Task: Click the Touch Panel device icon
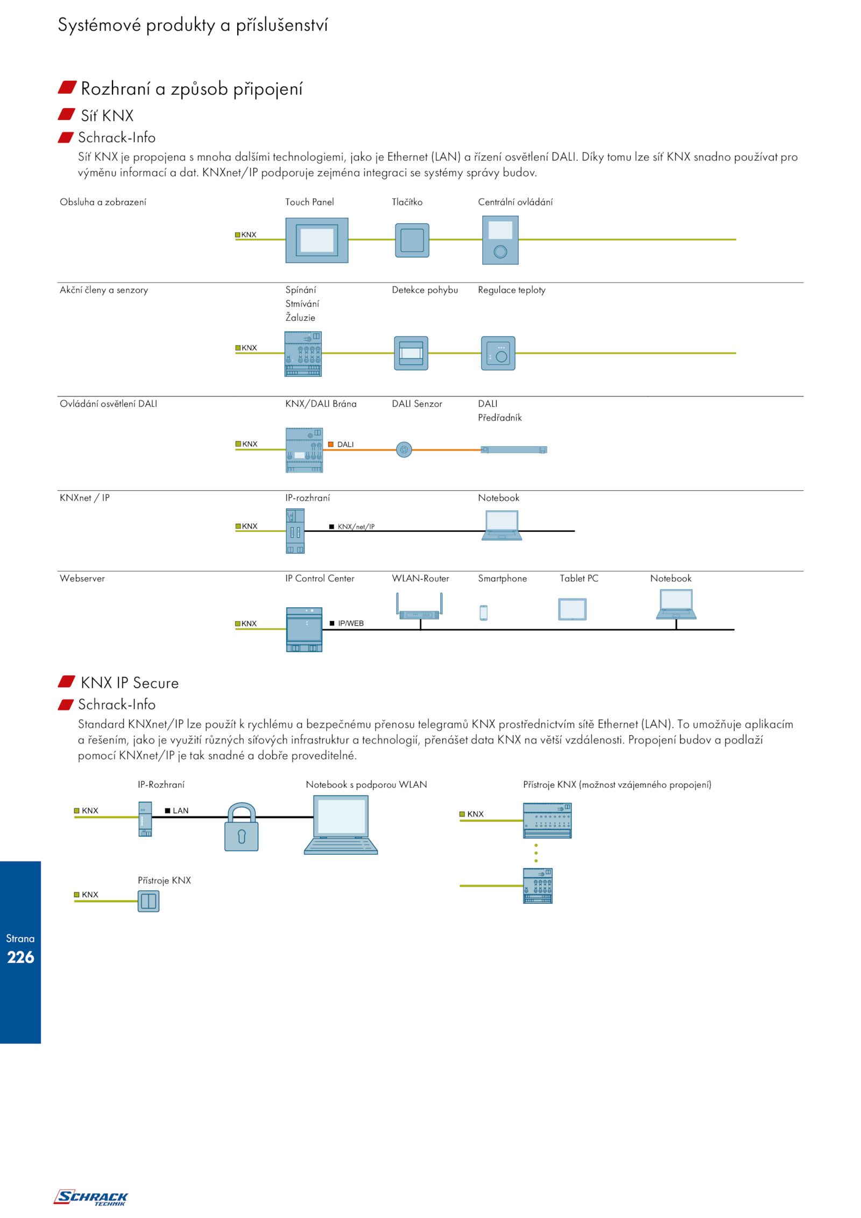click(316, 240)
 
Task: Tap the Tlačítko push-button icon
click(412, 240)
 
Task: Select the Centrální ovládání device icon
click(500, 240)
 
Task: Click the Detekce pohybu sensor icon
click(411, 353)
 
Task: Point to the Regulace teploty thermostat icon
click(498, 353)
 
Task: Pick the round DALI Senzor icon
click(404, 449)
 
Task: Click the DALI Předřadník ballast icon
click(513, 449)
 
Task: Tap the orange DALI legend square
click(331, 444)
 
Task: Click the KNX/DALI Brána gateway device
click(304, 450)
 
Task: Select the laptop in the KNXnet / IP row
click(502, 525)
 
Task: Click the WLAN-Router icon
click(419, 607)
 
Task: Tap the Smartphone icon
click(483, 612)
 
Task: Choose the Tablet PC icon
click(572, 609)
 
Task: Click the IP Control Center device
click(304, 629)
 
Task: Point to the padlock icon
click(241, 827)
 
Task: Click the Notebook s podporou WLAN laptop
click(341, 825)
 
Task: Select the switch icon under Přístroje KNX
click(148, 901)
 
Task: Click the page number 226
click(20, 957)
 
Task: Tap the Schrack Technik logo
click(90, 1197)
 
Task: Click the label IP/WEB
click(350, 623)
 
